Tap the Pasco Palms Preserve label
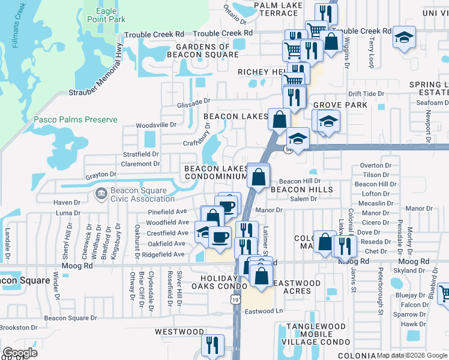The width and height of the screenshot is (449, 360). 75,119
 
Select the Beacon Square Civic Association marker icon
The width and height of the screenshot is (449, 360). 100,193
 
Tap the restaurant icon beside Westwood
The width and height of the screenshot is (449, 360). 212,345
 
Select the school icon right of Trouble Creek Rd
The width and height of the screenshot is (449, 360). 404,38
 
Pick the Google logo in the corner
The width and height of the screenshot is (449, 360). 20,353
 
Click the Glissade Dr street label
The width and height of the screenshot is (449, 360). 193,103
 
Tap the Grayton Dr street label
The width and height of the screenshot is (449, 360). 100,175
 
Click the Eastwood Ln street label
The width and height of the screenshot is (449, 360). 263,311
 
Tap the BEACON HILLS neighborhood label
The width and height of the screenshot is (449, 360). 301,190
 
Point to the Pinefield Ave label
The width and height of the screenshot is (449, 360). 167,212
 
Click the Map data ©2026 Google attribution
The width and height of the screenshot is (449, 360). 412,355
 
